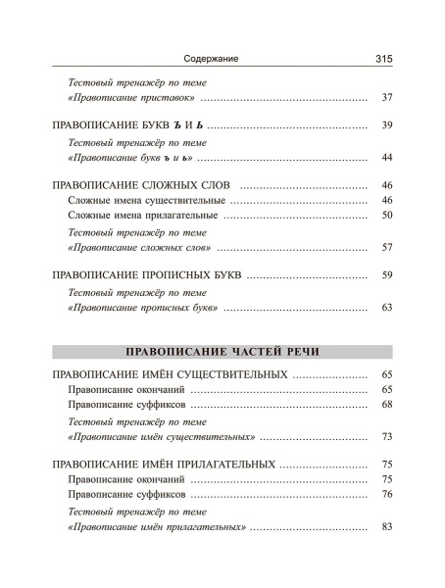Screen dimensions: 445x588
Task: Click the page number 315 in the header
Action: (x=383, y=59)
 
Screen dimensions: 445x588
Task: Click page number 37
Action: (x=386, y=99)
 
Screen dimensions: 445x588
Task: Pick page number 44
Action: (x=386, y=158)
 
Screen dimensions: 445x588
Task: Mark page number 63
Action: (x=386, y=308)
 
